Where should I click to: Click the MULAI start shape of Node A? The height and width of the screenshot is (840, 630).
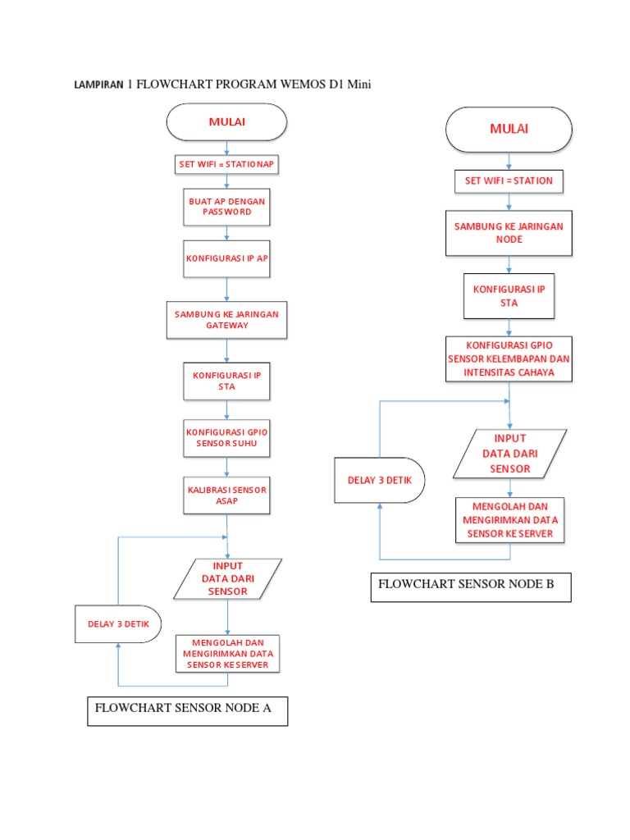(x=226, y=123)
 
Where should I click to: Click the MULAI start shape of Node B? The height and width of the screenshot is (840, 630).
(x=509, y=130)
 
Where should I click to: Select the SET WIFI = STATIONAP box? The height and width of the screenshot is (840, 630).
(x=227, y=165)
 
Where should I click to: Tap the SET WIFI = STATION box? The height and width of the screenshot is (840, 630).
(x=509, y=180)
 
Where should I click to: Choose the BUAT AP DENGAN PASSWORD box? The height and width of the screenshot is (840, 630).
(x=226, y=206)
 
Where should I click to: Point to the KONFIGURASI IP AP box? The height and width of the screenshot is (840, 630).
(x=226, y=258)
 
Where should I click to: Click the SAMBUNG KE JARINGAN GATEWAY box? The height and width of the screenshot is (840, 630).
(x=227, y=320)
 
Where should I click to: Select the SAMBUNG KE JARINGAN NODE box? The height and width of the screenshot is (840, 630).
(x=509, y=233)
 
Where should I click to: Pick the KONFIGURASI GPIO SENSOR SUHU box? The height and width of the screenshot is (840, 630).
(x=226, y=438)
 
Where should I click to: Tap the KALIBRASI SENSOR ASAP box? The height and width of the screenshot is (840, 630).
(x=226, y=495)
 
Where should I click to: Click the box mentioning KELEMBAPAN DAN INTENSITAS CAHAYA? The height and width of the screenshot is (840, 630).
(x=509, y=359)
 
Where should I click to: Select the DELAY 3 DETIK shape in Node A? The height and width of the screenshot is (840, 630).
(x=118, y=624)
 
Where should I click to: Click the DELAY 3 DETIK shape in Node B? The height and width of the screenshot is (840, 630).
(x=379, y=480)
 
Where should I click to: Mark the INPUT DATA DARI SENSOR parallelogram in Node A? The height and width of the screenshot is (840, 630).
(x=227, y=578)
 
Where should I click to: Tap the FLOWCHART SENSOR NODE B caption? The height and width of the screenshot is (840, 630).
(x=470, y=586)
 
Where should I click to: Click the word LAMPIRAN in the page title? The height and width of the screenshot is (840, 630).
(x=99, y=84)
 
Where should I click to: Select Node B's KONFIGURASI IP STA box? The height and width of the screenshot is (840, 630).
(x=509, y=296)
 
